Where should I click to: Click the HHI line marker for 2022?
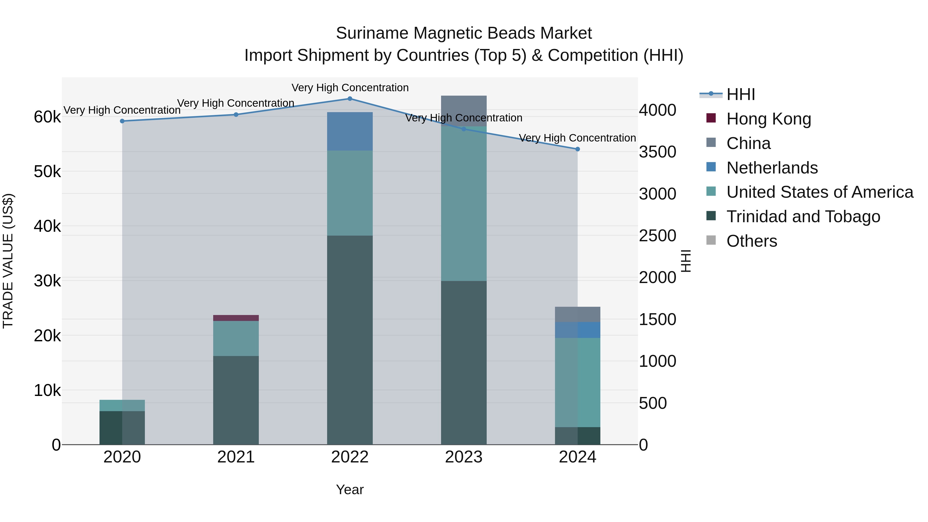[x=350, y=99]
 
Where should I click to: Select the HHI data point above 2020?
[x=122, y=121]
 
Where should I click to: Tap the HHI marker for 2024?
[x=577, y=149]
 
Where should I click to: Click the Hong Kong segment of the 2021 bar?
[x=236, y=318]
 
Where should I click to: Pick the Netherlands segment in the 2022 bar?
[x=350, y=131]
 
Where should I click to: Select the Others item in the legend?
[x=751, y=241]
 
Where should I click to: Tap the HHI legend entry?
[x=740, y=94]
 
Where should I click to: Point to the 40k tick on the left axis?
[x=47, y=226]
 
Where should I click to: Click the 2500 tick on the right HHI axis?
[x=657, y=236]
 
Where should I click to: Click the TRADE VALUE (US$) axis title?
[x=8, y=261]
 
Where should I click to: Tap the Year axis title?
[x=350, y=490]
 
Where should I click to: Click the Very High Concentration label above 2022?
[x=350, y=88]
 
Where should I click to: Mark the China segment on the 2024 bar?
[x=577, y=314]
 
